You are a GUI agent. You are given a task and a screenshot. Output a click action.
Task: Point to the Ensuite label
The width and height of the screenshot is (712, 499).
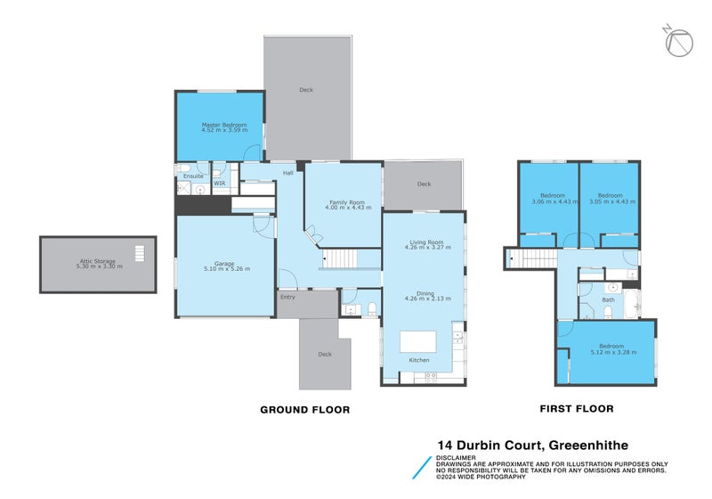[x=193, y=176]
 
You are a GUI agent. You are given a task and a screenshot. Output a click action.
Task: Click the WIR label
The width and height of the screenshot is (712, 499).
[x=219, y=183]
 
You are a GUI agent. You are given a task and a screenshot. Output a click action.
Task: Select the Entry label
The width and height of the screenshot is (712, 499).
[x=287, y=297]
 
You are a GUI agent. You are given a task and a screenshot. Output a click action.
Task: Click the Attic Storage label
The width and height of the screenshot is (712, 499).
[x=98, y=260]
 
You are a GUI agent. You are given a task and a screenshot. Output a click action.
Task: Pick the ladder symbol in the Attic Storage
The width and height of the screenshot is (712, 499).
[x=138, y=252]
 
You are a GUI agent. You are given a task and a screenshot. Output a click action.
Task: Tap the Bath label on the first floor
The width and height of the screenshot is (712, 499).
[x=609, y=299]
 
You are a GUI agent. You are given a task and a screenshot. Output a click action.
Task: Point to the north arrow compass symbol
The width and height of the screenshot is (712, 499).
[x=679, y=41]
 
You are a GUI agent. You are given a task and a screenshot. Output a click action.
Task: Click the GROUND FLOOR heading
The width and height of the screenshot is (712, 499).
[x=304, y=410]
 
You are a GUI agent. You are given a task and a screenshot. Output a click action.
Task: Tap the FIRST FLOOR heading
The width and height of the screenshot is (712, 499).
[x=577, y=409]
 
